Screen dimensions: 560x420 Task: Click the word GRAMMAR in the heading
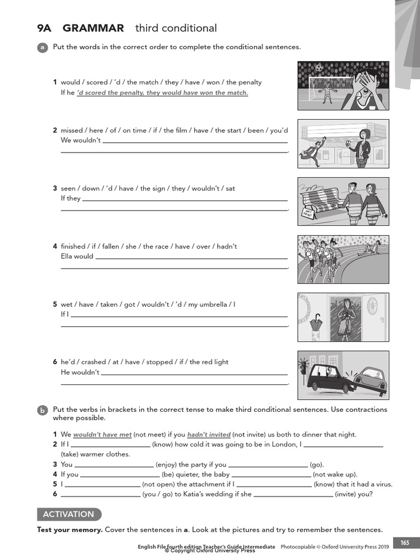point(93,28)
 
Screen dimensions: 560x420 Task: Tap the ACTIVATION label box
point(69,514)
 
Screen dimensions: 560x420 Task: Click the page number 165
point(404,543)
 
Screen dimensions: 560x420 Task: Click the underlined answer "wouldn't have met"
point(102,435)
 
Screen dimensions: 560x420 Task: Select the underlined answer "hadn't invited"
point(209,435)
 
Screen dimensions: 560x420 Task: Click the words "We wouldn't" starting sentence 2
point(80,141)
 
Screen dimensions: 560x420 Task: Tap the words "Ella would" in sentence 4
point(77,256)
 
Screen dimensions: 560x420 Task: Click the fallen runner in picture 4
point(372,249)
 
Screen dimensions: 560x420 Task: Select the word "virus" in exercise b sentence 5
point(383,485)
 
